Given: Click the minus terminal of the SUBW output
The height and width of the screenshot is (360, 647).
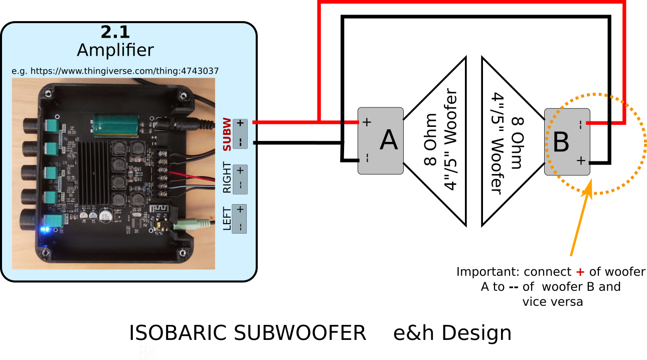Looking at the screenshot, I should click(x=240, y=142).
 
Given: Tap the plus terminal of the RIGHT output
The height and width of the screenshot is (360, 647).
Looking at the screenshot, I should click(x=240, y=170).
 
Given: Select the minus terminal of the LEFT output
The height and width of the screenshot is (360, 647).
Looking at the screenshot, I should click(x=240, y=227).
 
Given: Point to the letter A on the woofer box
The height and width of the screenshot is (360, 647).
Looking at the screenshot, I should click(x=389, y=140).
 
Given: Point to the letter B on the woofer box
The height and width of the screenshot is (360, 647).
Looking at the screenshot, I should click(x=560, y=142).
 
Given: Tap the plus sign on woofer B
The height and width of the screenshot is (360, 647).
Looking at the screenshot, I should click(x=580, y=161).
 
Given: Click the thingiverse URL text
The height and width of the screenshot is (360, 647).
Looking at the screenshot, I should click(x=115, y=71).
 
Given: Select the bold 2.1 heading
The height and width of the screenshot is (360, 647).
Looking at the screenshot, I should click(x=115, y=33).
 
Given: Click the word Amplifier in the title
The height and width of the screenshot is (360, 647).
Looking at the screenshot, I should click(x=115, y=50).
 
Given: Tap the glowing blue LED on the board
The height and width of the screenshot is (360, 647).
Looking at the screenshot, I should click(x=46, y=230).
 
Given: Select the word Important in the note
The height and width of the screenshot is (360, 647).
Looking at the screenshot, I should click(x=488, y=272).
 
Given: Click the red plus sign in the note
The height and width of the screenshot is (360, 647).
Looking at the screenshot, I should click(x=580, y=272).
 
